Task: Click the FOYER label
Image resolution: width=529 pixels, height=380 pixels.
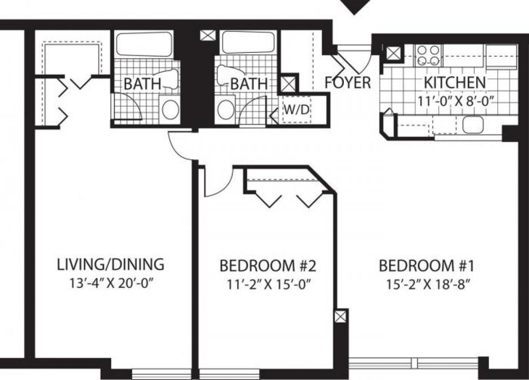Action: tap(348, 82)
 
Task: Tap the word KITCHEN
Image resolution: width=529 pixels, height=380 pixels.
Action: tap(454, 82)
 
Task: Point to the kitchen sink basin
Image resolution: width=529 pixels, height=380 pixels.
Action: tap(473, 125)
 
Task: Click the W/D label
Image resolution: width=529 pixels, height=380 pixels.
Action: tap(297, 110)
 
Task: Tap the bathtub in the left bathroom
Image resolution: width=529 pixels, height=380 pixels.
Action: tap(144, 44)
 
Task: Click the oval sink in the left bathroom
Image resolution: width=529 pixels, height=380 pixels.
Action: tap(170, 109)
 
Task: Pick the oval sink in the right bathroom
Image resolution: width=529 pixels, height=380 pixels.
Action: tap(226, 109)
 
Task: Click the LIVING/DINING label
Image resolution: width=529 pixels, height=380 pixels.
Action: tap(111, 265)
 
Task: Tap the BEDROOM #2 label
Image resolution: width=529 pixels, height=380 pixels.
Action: tap(268, 266)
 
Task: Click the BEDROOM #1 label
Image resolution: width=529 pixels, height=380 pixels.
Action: tap(426, 266)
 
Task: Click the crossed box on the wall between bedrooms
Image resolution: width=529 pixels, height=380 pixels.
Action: tap(340, 317)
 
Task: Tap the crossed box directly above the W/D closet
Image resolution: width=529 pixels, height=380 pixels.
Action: tap(288, 84)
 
